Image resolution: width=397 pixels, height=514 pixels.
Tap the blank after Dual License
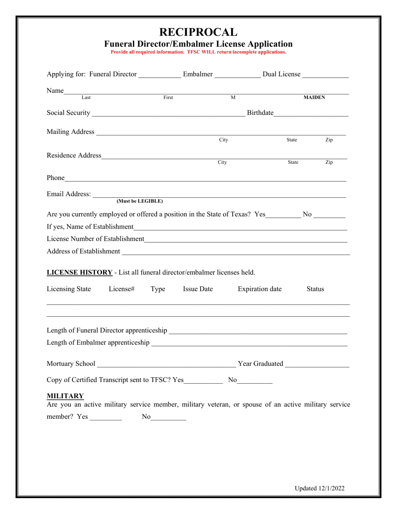click(x=325, y=76)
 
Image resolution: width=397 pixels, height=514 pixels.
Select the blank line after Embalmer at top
click(x=237, y=76)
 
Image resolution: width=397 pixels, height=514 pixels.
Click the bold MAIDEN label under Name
click(x=314, y=97)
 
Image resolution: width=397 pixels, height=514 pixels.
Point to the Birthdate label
click(x=260, y=113)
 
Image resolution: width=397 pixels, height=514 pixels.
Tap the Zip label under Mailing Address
click(x=329, y=140)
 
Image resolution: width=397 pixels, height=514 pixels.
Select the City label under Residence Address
click(x=222, y=162)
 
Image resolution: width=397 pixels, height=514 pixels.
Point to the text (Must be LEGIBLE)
click(x=140, y=201)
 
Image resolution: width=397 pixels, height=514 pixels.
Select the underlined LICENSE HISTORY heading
click(x=79, y=272)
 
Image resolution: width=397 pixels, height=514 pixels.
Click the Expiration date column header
click(x=260, y=289)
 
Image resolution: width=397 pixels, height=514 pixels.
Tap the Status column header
click(x=315, y=289)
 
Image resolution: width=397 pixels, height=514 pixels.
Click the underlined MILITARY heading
click(x=65, y=396)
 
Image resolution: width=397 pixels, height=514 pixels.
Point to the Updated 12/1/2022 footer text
click(x=320, y=488)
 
